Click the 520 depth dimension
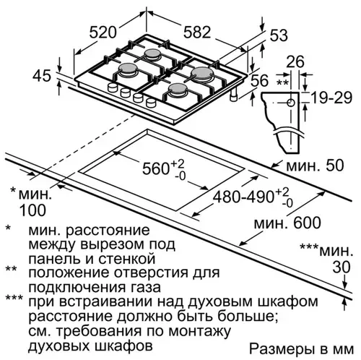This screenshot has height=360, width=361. tap(103, 33)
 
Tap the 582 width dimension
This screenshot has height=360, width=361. tap(197, 33)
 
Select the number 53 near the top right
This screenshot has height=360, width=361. tap(279, 35)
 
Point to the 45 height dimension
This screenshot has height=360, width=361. tap(42, 75)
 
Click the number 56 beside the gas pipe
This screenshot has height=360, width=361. tap(259, 80)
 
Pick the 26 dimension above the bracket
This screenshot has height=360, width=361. tap(295, 62)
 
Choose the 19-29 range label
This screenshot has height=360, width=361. tap(331, 98)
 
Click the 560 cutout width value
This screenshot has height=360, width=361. tap(155, 168)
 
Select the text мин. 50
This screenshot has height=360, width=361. tap(315, 166)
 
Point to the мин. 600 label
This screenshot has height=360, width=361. tap(287, 223)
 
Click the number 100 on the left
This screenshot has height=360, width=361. tap(32, 210)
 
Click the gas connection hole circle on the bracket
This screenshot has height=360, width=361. tap(291, 103)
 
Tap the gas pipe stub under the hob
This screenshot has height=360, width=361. tap(234, 95)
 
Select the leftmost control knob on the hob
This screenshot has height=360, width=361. tap(112, 87)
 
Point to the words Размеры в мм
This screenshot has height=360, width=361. tap(301, 349)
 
